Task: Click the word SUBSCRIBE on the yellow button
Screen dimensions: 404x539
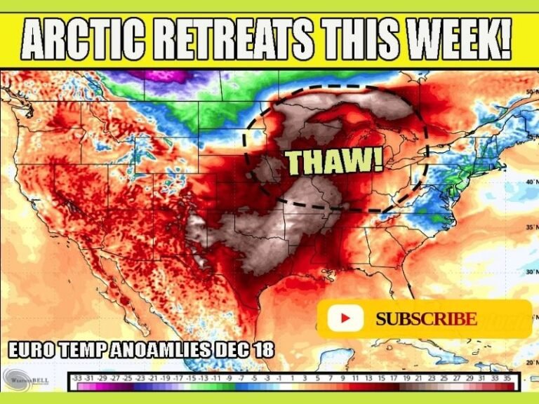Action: [x=426, y=319]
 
